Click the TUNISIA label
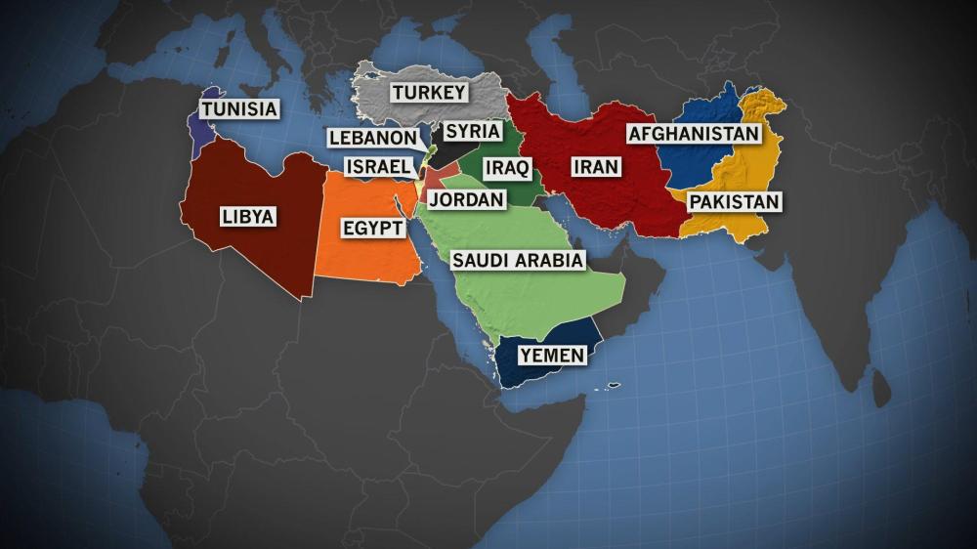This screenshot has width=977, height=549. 239,108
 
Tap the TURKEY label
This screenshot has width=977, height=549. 429,93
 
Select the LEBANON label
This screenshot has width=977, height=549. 372,138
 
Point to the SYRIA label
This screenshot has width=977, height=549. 473,131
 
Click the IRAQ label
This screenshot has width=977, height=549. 506,168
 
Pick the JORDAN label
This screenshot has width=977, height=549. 466,199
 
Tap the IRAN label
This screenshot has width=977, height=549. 595,167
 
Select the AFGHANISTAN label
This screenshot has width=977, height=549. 693,134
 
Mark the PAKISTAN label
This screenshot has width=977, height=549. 734,202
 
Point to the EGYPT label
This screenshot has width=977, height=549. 372,229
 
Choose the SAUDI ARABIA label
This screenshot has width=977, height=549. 517,260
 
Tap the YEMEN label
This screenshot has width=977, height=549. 553,355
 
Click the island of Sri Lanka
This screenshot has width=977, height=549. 880,390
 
